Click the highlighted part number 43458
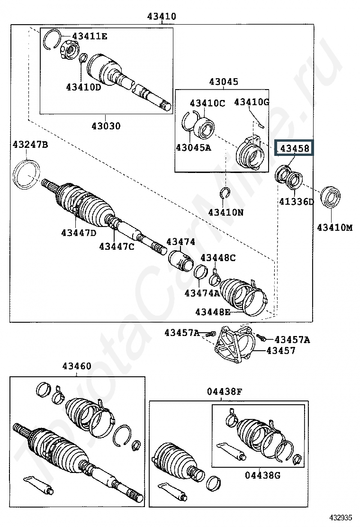click(x=295, y=148)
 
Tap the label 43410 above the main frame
click(x=162, y=16)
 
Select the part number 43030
click(x=106, y=126)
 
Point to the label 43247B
click(x=30, y=145)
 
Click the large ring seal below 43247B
click(x=26, y=174)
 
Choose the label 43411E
click(x=90, y=36)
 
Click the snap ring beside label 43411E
click(x=53, y=39)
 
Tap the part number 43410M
click(x=335, y=227)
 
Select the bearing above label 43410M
click(x=330, y=196)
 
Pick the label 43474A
click(x=202, y=293)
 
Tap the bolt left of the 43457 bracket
click(x=211, y=334)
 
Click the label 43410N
click(x=225, y=212)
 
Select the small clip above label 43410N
click(x=225, y=193)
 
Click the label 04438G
click(x=262, y=475)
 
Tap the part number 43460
click(x=77, y=366)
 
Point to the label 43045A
click(x=193, y=147)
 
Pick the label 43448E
click(x=213, y=312)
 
